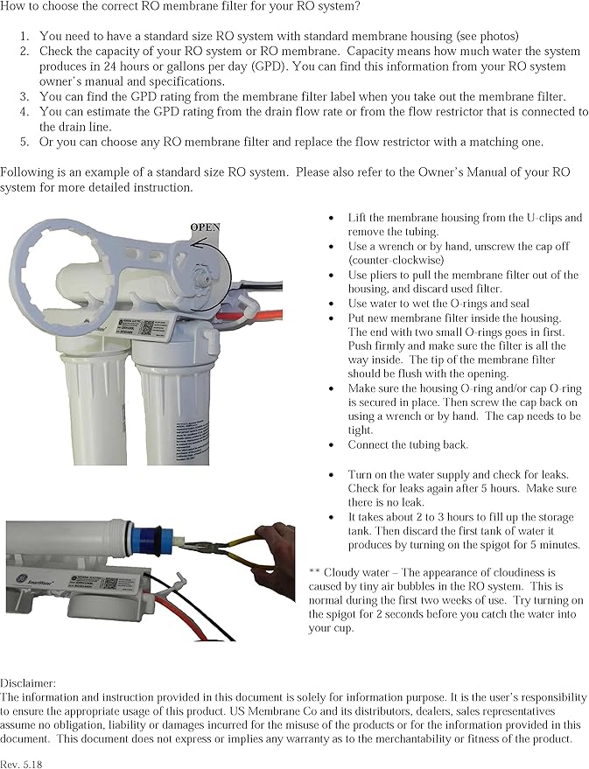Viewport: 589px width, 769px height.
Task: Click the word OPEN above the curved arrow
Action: point(205,227)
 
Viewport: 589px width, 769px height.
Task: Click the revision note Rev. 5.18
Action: point(21,763)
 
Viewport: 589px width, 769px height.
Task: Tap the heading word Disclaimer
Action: point(28,682)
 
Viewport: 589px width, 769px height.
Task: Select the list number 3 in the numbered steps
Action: point(25,96)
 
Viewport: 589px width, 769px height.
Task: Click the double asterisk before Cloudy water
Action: point(313,571)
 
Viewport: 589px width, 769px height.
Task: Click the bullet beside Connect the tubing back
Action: point(330,445)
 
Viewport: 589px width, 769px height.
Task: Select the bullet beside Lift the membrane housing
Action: point(330,218)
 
